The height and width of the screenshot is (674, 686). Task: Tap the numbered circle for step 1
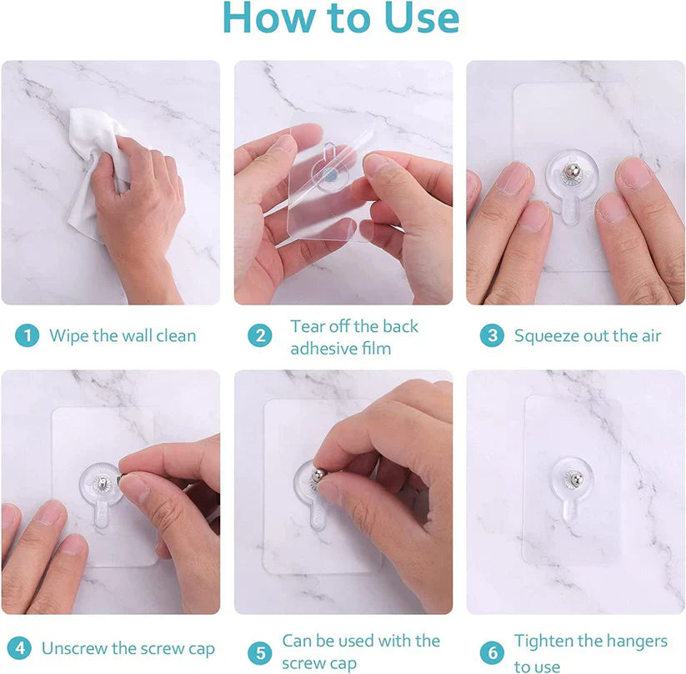tap(28, 336)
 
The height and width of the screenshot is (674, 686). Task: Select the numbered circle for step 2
tap(261, 336)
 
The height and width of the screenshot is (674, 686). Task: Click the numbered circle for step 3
tap(493, 336)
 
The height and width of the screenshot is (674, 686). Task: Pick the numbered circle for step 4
tap(21, 649)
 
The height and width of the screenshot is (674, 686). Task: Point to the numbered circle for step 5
tap(261, 652)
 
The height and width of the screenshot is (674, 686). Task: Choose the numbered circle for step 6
tap(493, 652)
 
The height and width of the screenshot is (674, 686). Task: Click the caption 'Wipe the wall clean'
tap(123, 336)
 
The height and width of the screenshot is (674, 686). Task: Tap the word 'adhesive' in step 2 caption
tap(322, 348)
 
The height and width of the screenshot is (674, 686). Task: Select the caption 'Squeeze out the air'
tap(587, 336)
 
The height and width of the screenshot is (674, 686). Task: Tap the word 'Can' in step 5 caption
tap(297, 641)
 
